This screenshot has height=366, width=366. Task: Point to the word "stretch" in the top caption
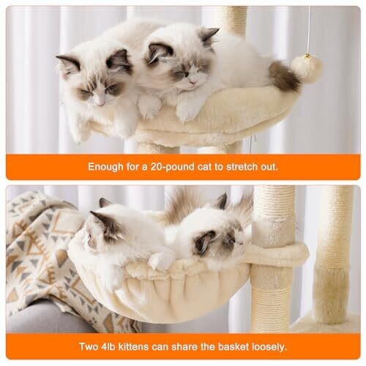coord(242,167)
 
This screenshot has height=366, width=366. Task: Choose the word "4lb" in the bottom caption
coord(108,347)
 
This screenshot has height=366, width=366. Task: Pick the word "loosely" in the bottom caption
coord(269,347)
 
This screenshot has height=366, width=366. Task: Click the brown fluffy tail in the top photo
coord(284,75)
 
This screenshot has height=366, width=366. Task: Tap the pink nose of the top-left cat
coord(100,102)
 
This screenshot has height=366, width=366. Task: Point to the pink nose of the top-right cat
coord(193,82)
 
